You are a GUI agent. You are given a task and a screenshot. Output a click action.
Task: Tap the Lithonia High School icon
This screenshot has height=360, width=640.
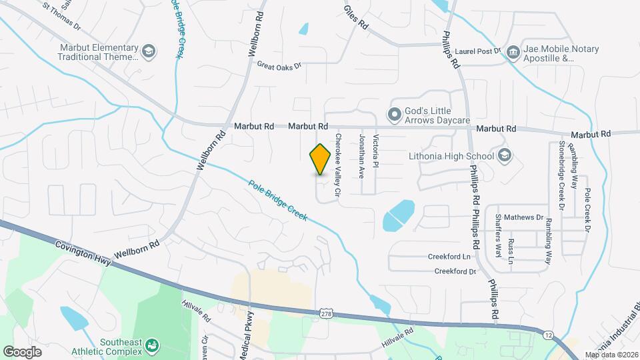point(504,156)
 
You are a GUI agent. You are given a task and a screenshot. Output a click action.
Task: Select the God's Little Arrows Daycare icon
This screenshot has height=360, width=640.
point(395,115)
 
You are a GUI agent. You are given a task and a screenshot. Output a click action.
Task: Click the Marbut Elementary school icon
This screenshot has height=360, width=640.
point(149,52)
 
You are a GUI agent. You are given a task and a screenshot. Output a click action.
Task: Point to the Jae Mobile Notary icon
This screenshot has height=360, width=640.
point(513,52)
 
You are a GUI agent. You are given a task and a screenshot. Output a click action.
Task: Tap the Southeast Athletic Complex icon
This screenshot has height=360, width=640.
point(152,345)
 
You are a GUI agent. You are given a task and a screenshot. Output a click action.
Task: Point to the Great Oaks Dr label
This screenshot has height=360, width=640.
point(279,65)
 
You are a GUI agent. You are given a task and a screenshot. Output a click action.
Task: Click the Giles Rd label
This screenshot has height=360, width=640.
point(357,17)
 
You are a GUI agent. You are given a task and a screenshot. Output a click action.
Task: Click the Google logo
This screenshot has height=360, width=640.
point(22,351)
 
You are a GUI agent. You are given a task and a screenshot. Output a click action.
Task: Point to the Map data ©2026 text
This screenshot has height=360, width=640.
point(611,355)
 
